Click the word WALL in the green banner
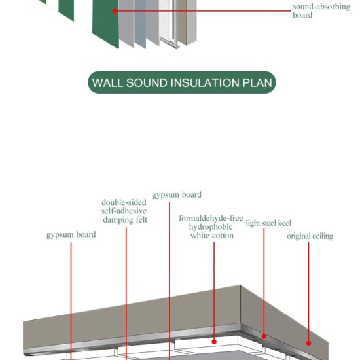[x=107, y=83]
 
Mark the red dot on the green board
[x=115, y=10]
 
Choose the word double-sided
[x=124, y=203]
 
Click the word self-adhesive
[x=124, y=211]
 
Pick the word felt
[x=140, y=220]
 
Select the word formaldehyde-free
[x=211, y=218]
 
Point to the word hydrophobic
[x=211, y=226]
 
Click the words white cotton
[x=211, y=236]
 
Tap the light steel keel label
[x=264, y=223]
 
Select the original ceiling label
[x=310, y=236]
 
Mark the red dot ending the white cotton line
[x=214, y=341]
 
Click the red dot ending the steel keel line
[x=264, y=336]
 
